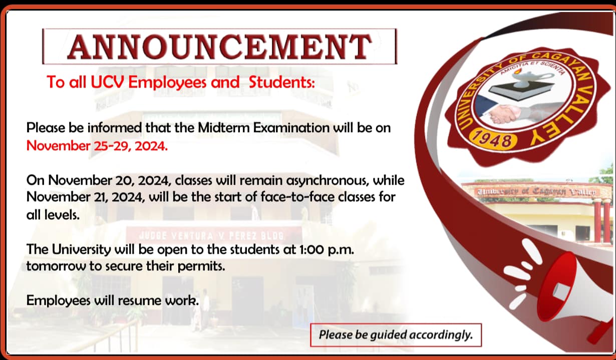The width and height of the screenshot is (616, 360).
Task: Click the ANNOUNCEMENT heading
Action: (x=219, y=47)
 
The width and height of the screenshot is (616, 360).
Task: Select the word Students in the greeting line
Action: (x=281, y=82)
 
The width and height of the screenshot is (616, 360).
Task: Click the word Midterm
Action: (x=223, y=128)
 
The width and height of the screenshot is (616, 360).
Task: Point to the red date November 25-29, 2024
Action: (x=97, y=146)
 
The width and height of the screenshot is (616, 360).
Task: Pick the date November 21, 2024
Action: (x=86, y=197)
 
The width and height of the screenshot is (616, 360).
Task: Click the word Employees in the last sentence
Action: (x=58, y=300)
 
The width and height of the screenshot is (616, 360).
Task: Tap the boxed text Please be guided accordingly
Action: (x=396, y=335)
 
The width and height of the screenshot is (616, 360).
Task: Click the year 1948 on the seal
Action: (x=494, y=139)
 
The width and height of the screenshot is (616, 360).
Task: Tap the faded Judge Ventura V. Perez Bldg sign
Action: (x=211, y=236)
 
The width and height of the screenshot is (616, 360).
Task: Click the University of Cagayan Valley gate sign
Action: (x=536, y=191)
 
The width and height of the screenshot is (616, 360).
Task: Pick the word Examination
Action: (x=291, y=128)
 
